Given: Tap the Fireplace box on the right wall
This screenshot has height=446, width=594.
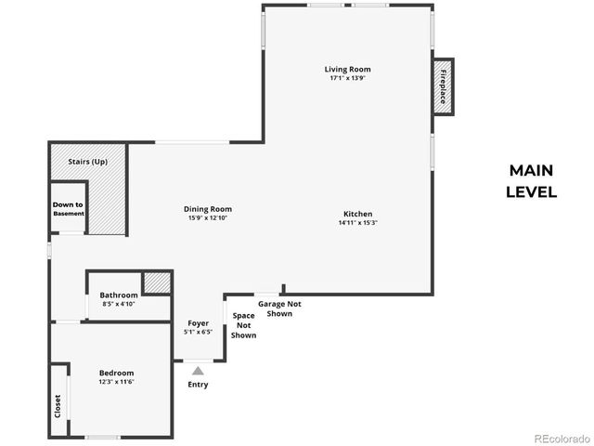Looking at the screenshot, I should (444, 85).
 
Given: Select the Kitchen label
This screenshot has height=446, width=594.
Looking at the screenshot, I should (357, 214).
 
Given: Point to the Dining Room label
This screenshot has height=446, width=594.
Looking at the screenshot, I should (208, 209).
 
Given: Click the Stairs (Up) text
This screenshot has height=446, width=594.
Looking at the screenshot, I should (88, 162).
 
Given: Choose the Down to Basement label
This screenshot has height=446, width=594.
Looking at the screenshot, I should (68, 209).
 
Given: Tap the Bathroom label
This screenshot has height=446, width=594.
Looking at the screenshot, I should (119, 295).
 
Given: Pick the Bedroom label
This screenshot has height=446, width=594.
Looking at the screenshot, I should (117, 373).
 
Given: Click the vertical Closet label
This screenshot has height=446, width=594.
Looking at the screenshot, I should (58, 405).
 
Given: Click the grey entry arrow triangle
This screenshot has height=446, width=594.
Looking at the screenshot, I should (198, 371).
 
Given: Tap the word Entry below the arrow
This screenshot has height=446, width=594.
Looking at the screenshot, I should (198, 385).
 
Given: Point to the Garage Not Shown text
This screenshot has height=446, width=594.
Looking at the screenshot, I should (279, 308).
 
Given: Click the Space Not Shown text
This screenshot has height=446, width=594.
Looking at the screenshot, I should (244, 325).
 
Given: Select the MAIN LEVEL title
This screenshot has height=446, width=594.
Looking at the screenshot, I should (531, 181).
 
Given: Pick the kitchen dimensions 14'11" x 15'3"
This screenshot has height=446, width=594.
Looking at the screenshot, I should (357, 223).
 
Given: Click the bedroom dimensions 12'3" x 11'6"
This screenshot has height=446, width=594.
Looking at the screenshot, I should (117, 382).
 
